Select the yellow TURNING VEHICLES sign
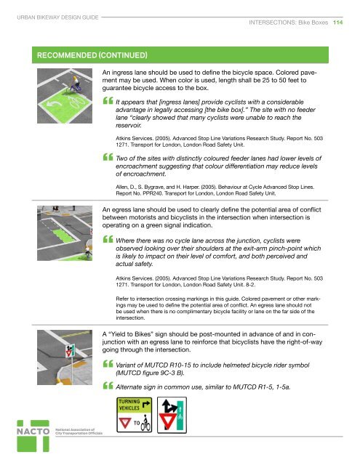[x=137, y=412]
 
